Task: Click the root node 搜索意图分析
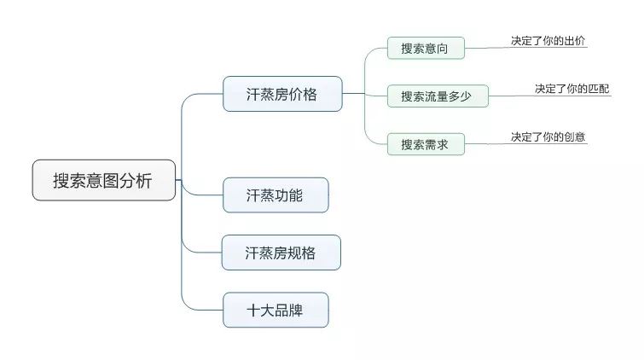click(104, 180)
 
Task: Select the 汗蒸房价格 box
click(282, 94)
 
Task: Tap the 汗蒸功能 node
click(276, 195)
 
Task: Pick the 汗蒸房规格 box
click(281, 253)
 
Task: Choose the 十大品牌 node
click(276, 310)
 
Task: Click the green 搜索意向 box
click(426, 48)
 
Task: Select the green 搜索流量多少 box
click(438, 96)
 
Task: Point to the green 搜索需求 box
click(426, 144)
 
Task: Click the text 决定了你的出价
click(548, 41)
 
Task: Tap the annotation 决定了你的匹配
click(571, 89)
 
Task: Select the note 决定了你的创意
click(548, 136)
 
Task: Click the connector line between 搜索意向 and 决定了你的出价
click(526, 48)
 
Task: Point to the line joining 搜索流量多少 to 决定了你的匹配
click(550, 96)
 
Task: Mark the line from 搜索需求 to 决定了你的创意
click(526, 144)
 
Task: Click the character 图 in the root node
click(111, 180)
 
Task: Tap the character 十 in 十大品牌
click(253, 311)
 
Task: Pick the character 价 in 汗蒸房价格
click(296, 94)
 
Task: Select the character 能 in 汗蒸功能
click(296, 195)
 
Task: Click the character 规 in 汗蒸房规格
click(294, 253)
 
